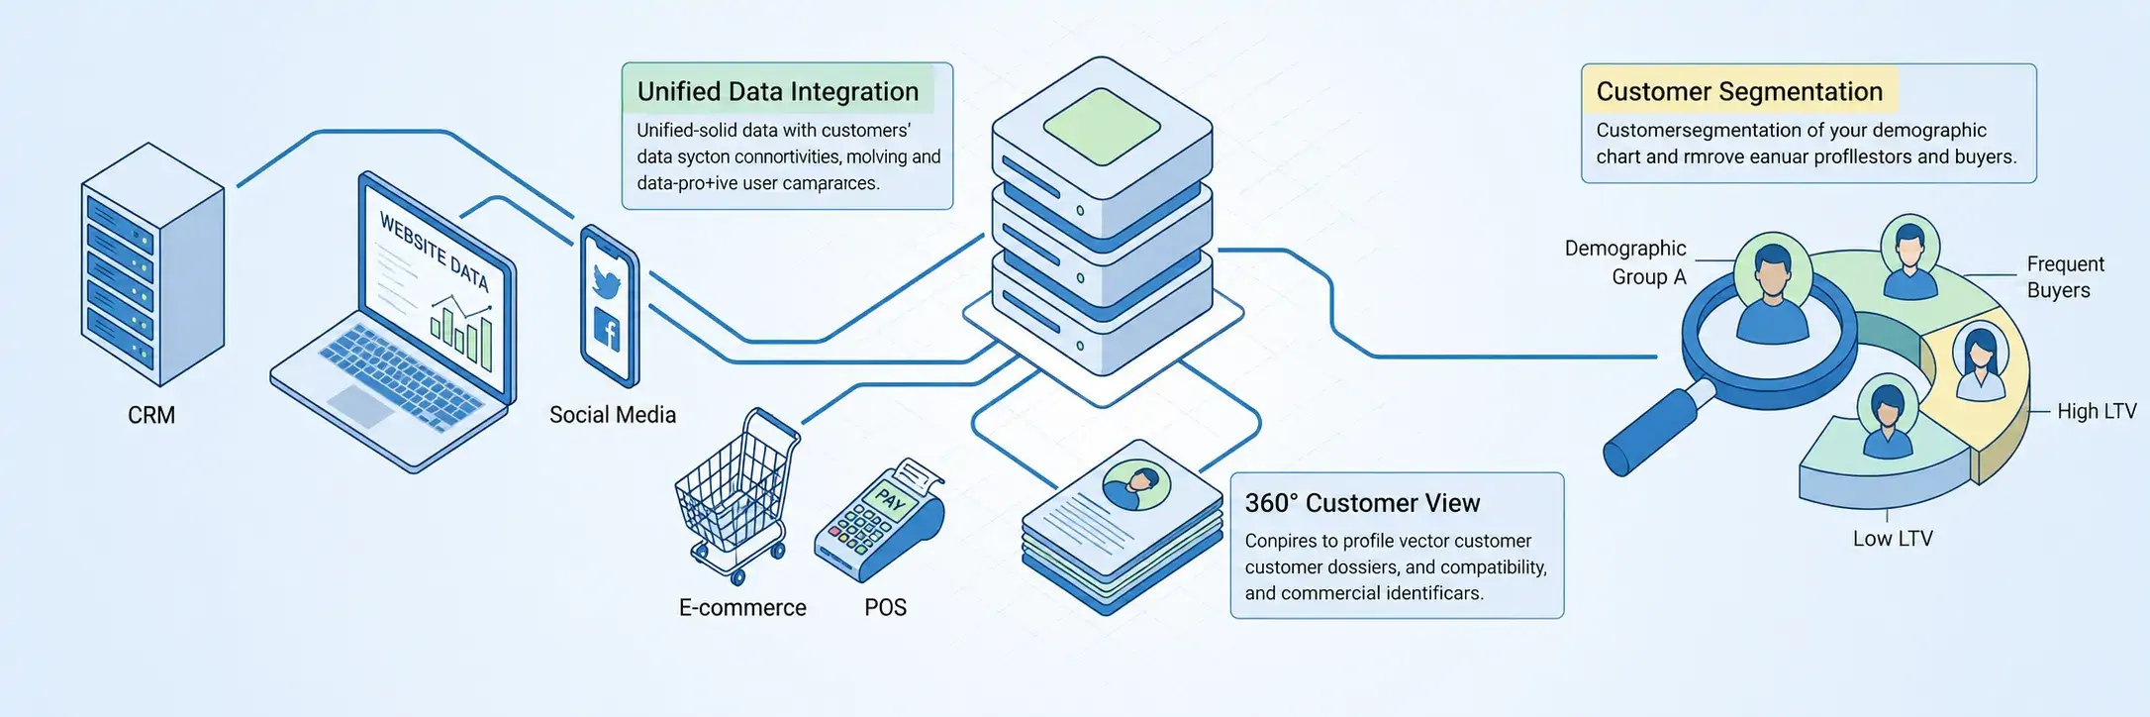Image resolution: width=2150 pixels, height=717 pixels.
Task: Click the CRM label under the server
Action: pos(151,415)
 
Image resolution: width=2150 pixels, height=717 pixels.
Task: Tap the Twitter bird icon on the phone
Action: pos(606,281)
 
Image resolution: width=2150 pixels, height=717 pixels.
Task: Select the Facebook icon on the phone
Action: pos(607,329)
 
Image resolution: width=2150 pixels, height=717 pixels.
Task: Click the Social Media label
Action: pos(613,415)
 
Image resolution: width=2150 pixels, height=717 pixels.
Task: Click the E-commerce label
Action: pos(742,607)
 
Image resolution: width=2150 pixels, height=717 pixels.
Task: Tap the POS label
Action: pos(885,607)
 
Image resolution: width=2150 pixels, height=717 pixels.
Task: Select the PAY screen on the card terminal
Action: pos(890,499)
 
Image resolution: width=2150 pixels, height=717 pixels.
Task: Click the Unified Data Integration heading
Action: pos(778,91)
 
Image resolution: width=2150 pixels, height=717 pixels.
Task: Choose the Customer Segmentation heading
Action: pos(1739,91)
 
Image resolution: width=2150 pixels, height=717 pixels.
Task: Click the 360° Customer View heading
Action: pos(1362,503)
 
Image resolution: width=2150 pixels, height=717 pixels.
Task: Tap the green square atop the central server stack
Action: pos(1102,127)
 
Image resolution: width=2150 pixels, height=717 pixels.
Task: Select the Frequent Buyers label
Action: pos(2065,277)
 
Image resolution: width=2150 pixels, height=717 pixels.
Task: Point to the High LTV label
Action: pos(2097,411)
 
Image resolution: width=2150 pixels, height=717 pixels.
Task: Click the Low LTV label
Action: pos(1893,539)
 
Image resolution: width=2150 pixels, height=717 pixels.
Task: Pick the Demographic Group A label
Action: pos(1625,262)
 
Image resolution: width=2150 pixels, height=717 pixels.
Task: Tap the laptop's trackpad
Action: pos(359,405)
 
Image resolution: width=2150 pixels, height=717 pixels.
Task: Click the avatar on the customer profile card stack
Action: pos(1136,485)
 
